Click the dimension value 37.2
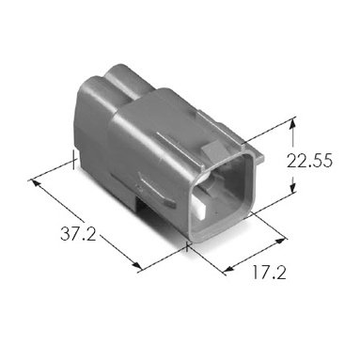78,233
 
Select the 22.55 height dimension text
309,161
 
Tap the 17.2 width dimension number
269,272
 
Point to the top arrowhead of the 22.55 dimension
292,124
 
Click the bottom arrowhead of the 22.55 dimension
292,188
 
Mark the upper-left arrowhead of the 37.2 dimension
36,183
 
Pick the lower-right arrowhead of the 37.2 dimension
136,265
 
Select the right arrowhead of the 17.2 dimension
280,242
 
